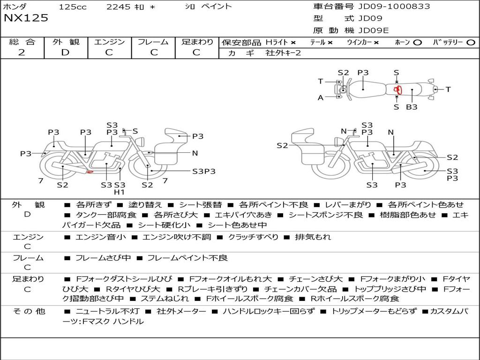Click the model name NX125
pos(26,18)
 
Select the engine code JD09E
pos(374,30)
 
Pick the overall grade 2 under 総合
pos(22,52)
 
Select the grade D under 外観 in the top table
pos(65,52)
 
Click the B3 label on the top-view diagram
pos(412,107)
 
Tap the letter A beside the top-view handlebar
pos(321,97)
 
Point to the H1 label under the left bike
pos(120,192)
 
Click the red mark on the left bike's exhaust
pos(90,172)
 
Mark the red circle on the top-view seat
pos(397,90)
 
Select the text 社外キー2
pos(283,53)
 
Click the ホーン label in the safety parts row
pos(402,42)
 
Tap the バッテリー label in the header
pos(448,42)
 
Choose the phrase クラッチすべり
pos(253,237)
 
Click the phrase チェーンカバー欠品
pos(300,289)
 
